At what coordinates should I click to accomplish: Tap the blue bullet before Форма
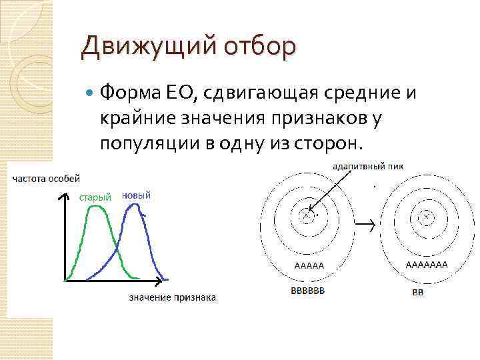(x=90, y=94)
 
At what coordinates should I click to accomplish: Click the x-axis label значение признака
(x=172, y=297)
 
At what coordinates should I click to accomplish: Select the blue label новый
(x=137, y=195)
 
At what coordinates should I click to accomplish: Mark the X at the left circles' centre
(x=306, y=215)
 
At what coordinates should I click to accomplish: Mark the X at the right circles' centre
(x=425, y=215)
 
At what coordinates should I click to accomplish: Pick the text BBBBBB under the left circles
(x=308, y=291)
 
